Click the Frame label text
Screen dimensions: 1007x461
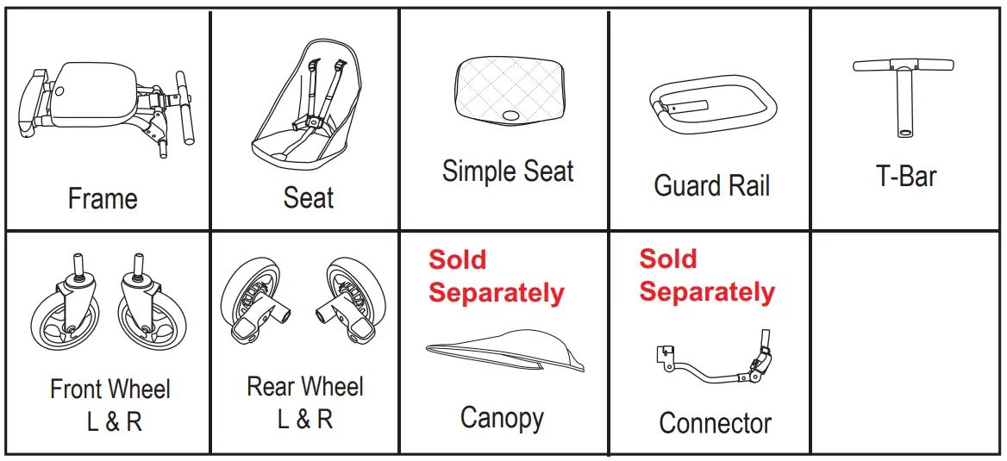[x=103, y=199]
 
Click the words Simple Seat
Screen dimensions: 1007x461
[x=508, y=171]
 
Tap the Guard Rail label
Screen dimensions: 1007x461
[x=712, y=185]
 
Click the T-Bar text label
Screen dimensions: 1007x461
[x=906, y=177]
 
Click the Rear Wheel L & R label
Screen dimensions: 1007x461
[x=305, y=402]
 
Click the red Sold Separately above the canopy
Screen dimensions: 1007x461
[x=496, y=277]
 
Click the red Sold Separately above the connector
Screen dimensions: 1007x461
[x=707, y=276]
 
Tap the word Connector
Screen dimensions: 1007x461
[x=715, y=423]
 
